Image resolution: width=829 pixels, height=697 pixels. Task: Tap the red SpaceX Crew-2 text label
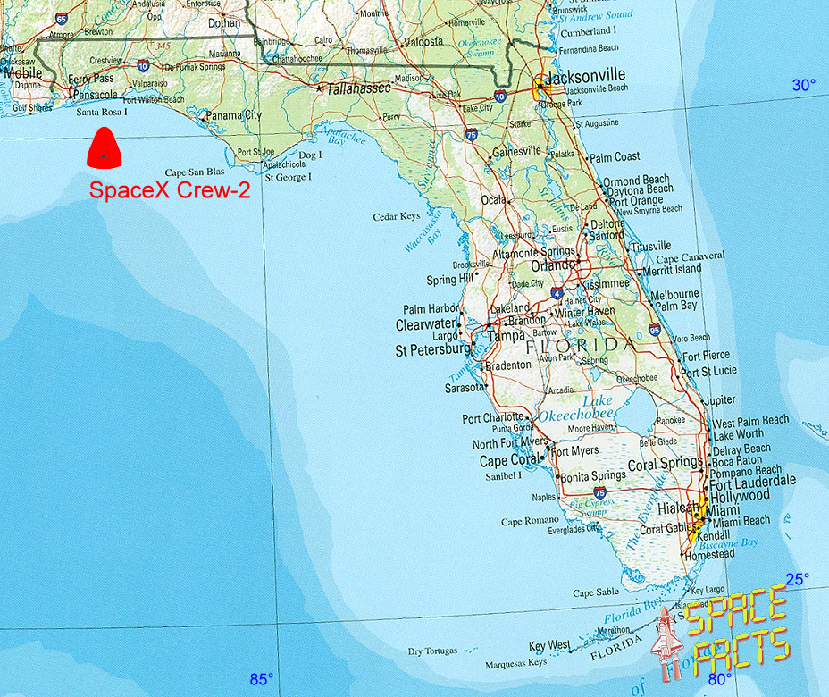tap(169, 190)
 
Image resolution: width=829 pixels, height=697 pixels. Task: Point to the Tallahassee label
tap(359, 88)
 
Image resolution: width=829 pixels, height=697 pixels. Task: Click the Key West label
tap(549, 645)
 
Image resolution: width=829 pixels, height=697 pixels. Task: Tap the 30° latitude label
tap(803, 85)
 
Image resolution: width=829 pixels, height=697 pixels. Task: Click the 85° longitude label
tap(261, 679)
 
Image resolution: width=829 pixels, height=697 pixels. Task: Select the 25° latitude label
tap(797, 578)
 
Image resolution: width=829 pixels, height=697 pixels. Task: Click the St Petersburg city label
tap(432, 351)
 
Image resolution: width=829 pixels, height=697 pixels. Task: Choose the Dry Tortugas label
tap(432, 651)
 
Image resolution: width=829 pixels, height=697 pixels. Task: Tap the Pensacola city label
tap(96, 95)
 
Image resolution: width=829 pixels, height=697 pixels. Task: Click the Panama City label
tap(234, 115)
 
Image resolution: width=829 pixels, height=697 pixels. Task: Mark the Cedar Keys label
tap(396, 216)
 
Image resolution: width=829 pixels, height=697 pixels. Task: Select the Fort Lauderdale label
tap(752, 480)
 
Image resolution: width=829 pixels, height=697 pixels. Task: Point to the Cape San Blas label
tap(195, 172)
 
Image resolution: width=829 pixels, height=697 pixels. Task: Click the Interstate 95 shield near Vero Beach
tap(655, 330)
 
